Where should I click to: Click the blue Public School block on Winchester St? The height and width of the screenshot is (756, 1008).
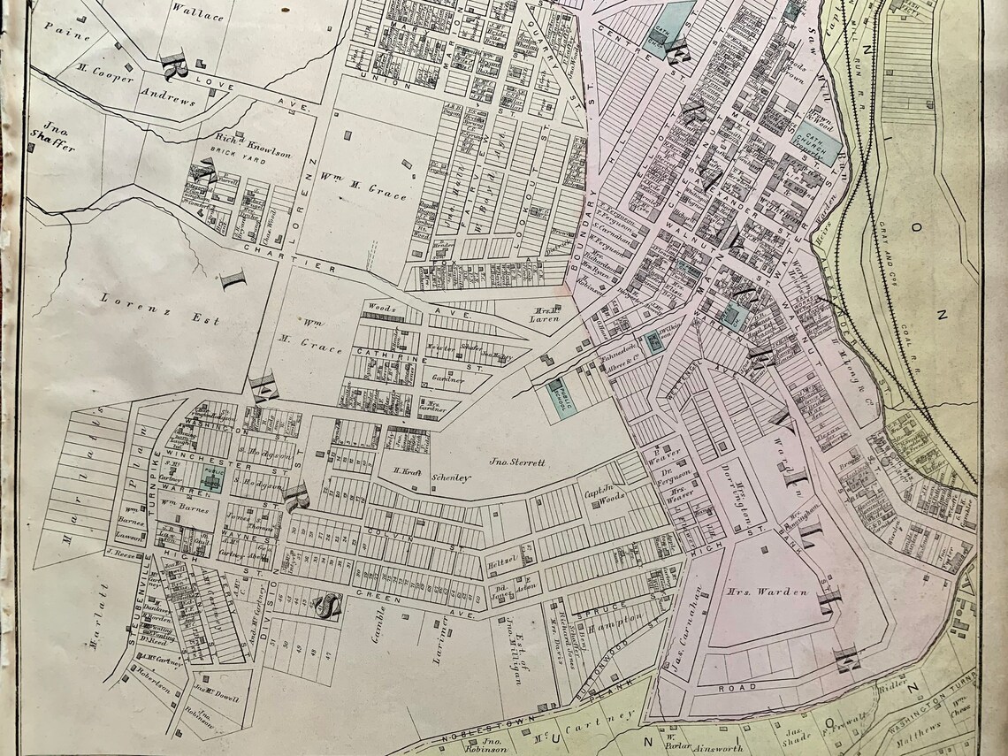212,477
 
